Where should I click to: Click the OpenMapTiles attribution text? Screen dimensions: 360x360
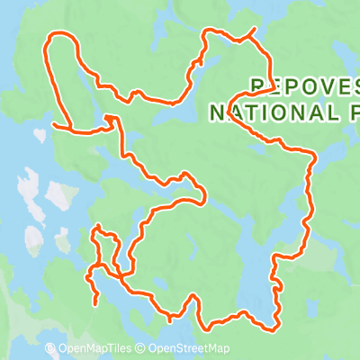[x=95, y=349]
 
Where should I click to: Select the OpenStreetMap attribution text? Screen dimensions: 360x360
[x=189, y=349]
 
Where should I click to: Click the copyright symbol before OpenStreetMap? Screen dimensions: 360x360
[x=142, y=349]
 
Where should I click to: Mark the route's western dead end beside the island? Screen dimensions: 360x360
[x=56, y=125]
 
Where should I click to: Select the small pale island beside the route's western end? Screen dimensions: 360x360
[x=40, y=136]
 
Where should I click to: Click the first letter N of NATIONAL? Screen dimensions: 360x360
[x=214, y=112]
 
